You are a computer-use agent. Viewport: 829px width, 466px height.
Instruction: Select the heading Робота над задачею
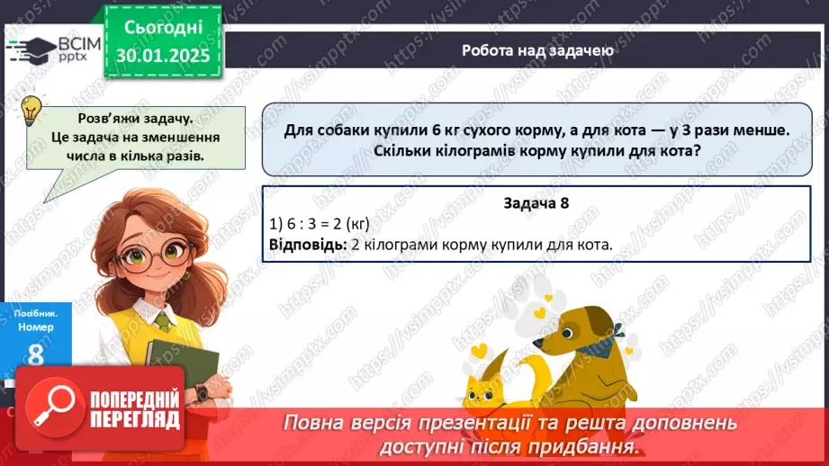point(537,50)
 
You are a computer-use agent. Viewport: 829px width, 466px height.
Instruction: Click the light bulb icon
point(31,110)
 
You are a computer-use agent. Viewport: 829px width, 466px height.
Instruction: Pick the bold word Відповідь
point(306,244)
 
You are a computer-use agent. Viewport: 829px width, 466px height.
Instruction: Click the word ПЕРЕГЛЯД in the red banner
point(134,420)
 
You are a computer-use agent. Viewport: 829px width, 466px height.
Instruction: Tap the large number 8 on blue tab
point(34,354)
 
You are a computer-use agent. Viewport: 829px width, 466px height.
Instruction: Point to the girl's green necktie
point(163,319)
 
